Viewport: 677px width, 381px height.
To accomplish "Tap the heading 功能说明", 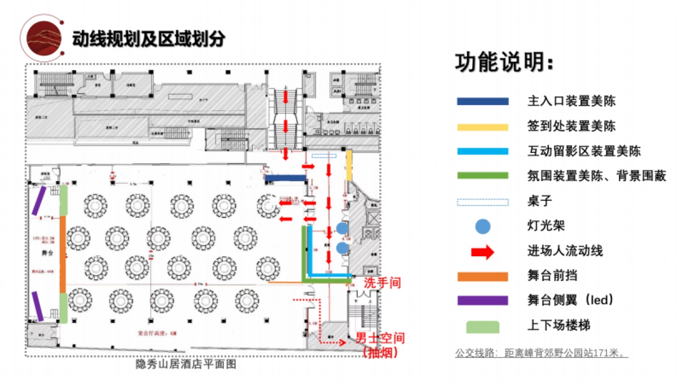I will tap(504, 63).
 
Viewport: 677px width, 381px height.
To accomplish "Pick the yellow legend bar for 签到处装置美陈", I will tap(483, 126).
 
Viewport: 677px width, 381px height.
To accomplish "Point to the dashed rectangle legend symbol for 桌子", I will tap(483, 202).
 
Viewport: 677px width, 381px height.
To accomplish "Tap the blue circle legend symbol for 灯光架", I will tap(483, 226).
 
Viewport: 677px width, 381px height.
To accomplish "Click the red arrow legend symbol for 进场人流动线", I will tap(483, 251).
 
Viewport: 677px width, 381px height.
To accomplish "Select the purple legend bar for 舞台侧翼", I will tap(483, 300).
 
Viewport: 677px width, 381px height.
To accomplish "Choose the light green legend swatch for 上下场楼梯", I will tap(483, 326).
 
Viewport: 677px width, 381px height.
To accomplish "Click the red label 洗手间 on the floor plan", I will tap(382, 283).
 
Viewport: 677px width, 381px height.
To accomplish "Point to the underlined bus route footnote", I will tap(542, 354).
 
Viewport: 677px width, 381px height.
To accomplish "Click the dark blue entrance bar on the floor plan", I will tap(285, 178).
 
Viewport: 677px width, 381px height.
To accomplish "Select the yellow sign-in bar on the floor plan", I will tap(349, 165).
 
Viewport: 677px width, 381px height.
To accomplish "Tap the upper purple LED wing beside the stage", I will tap(39, 202).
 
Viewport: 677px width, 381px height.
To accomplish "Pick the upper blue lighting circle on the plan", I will tap(342, 228).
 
